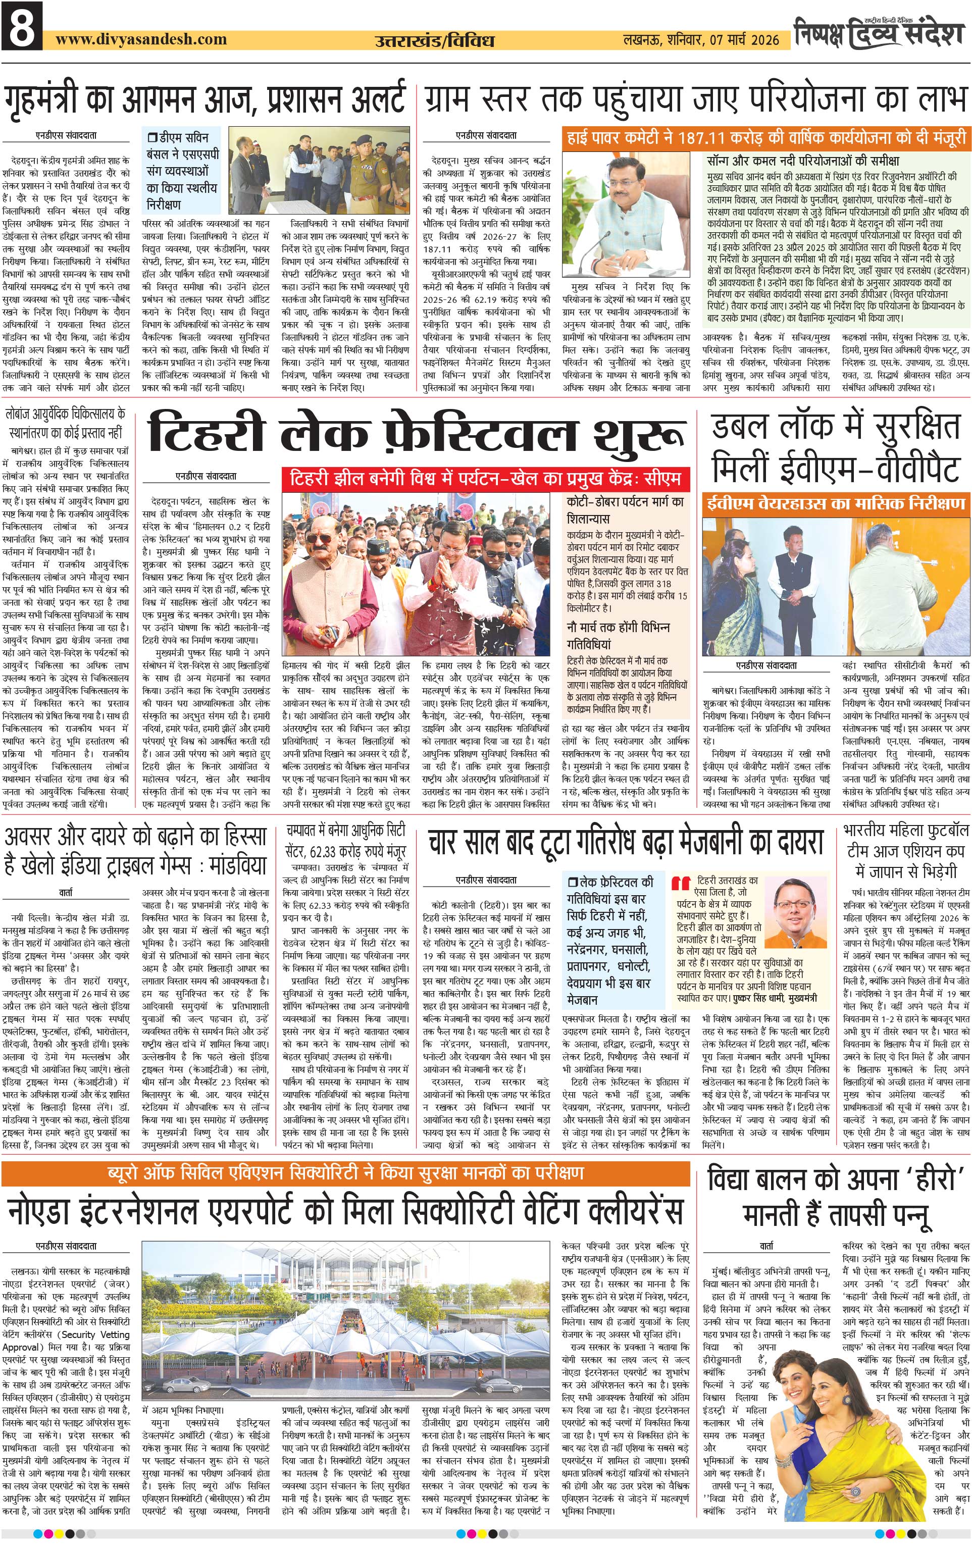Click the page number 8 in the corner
pos(22,26)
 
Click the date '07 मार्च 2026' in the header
pos(744,40)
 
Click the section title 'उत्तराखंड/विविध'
pos(434,40)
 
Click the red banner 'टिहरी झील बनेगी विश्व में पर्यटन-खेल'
pos(485,478)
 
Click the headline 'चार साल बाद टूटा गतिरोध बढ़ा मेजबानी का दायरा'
pos(625,842)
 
